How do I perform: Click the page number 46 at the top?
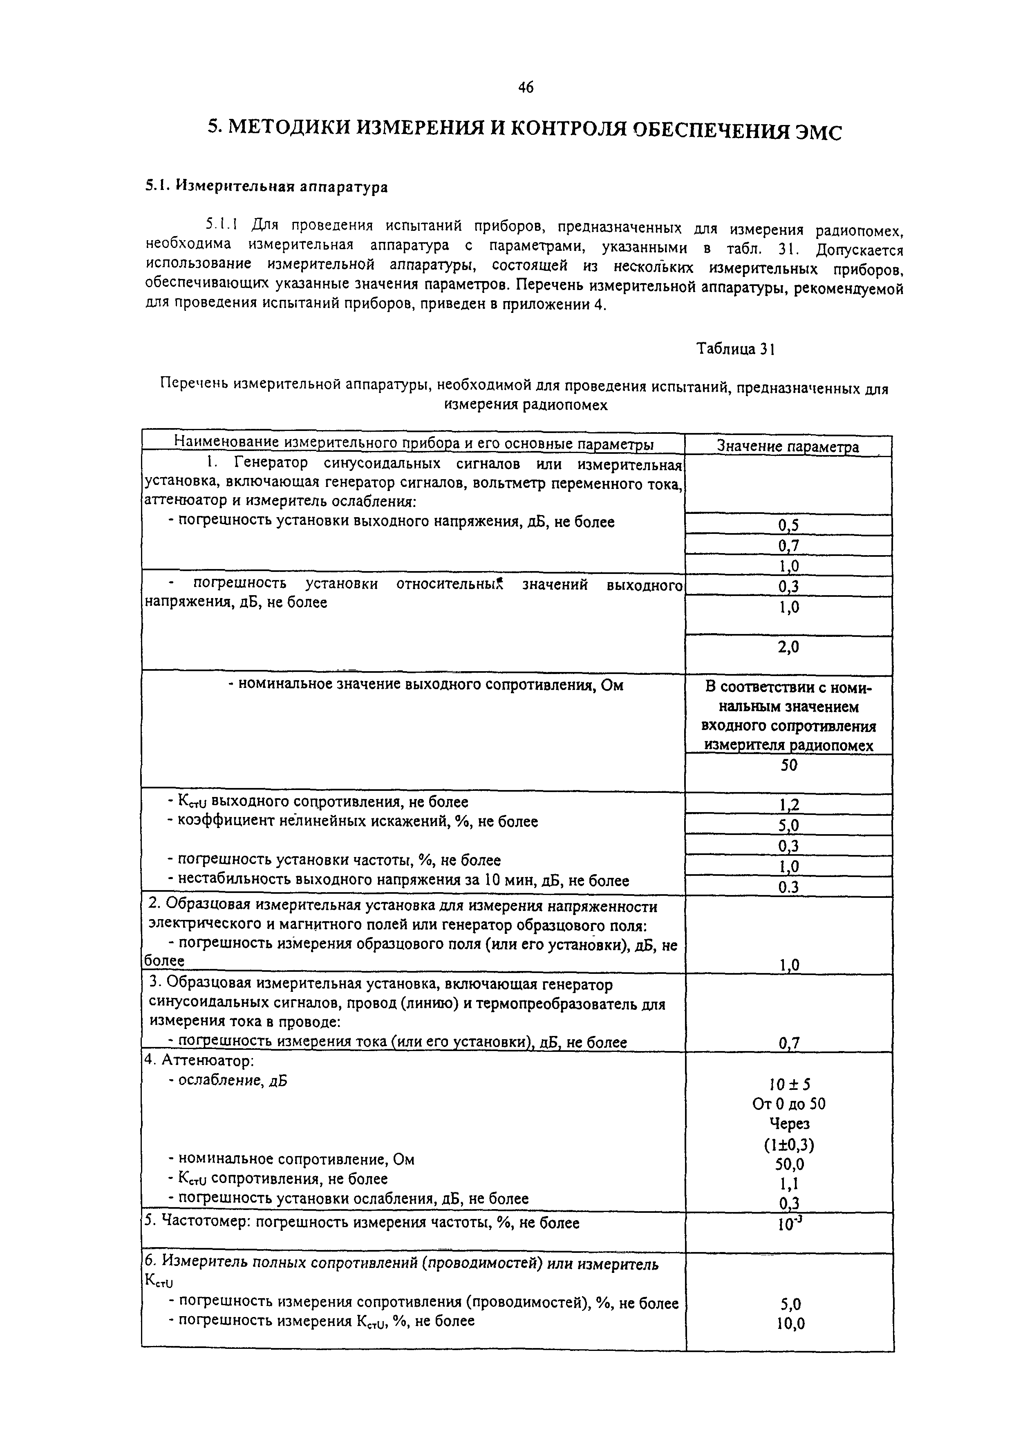526,88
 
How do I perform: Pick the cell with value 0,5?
788,525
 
